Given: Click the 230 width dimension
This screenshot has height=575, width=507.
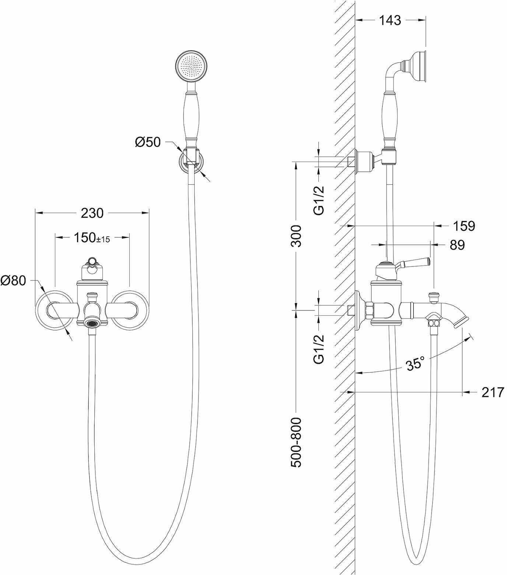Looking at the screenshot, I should (92, 213).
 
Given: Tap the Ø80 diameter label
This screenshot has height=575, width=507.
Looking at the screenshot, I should (13, 281).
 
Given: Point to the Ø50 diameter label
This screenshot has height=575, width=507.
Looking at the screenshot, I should (148, 142).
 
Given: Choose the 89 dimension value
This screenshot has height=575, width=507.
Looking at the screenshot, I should (457, 245).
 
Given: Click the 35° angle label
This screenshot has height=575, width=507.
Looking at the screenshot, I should (415, 364).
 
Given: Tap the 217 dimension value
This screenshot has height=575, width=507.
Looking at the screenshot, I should (492, 393).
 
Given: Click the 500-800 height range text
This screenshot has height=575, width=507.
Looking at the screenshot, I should (296, 442).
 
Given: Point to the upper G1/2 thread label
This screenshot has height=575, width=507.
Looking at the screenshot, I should (319, 200).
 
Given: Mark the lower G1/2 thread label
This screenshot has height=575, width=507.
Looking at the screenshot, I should (319, 349).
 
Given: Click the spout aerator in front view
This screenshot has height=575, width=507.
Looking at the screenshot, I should (92, 323).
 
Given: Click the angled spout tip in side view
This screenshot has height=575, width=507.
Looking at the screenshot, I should (461, 321).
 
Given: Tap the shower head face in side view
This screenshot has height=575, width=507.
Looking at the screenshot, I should (425, 65).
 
